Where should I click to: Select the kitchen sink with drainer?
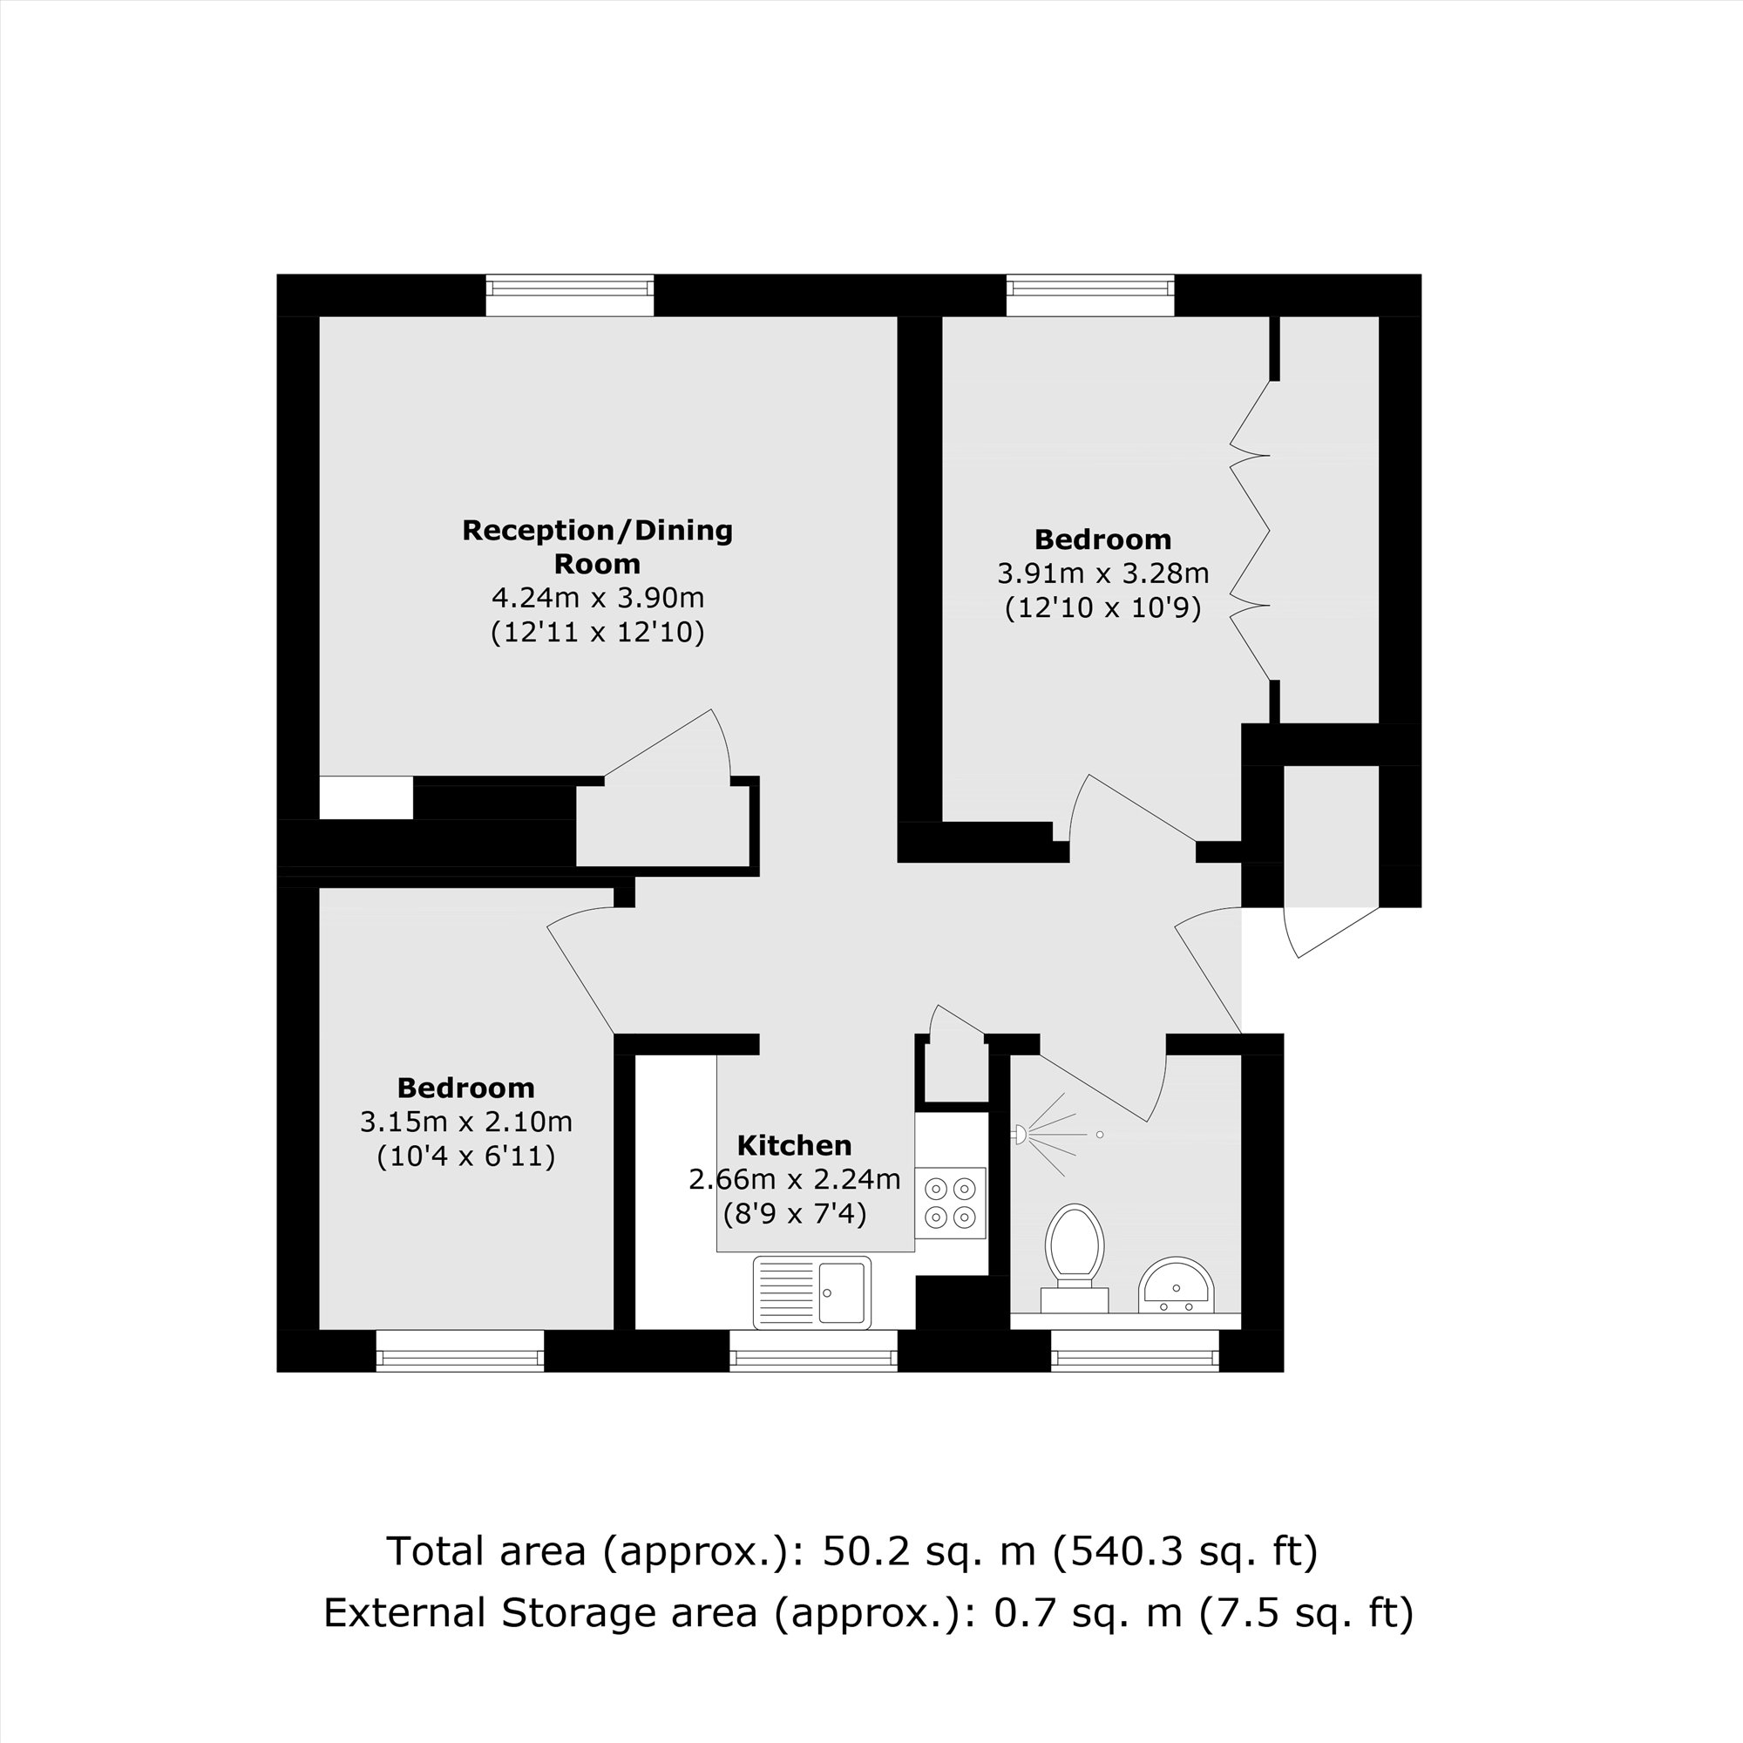pyautogui.click(x=812, y=1292)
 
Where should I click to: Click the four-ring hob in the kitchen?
pyautogui.click(x=951, y=1203)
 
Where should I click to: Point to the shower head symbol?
pyautogui.click(x=1021, y=1134)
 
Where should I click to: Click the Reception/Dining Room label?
pyautogui.click(x=597, y=546)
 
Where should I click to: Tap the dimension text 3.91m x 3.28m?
pyautogui.click(x=1102, y=573)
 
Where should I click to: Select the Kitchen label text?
pyautogui.click(x=794, y=1146)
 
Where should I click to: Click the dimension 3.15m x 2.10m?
pyautogui.click(x=465, y=1122)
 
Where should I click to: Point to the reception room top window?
pyautogui.click(x=569, y=296)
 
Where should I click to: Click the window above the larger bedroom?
pyautogui.click(x=1090, y=296)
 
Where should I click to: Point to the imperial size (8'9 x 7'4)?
pyautogui.click(x=794, y=1214)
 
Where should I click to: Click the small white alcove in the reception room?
pyautogui.click(x=366, y=797)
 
